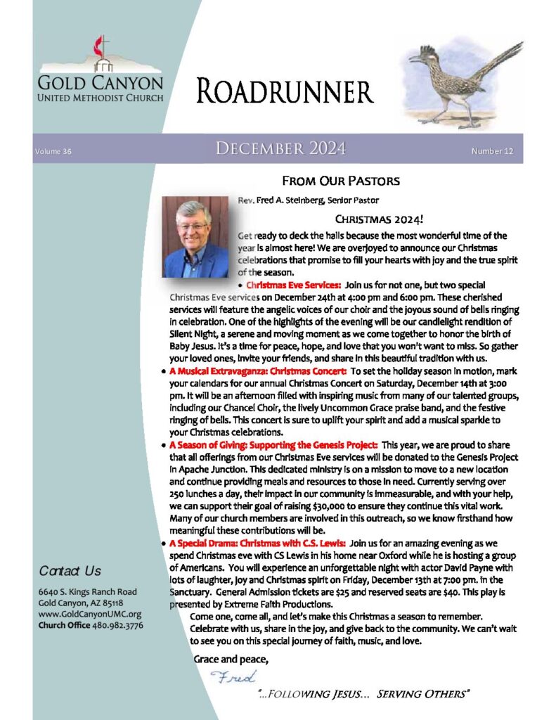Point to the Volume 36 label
[x=53, y=151]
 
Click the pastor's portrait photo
[x=196, y=237]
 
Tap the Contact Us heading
[x=70, y=570]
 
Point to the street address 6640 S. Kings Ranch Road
[x=88, y=591]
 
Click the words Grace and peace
[x=231, y=660]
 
